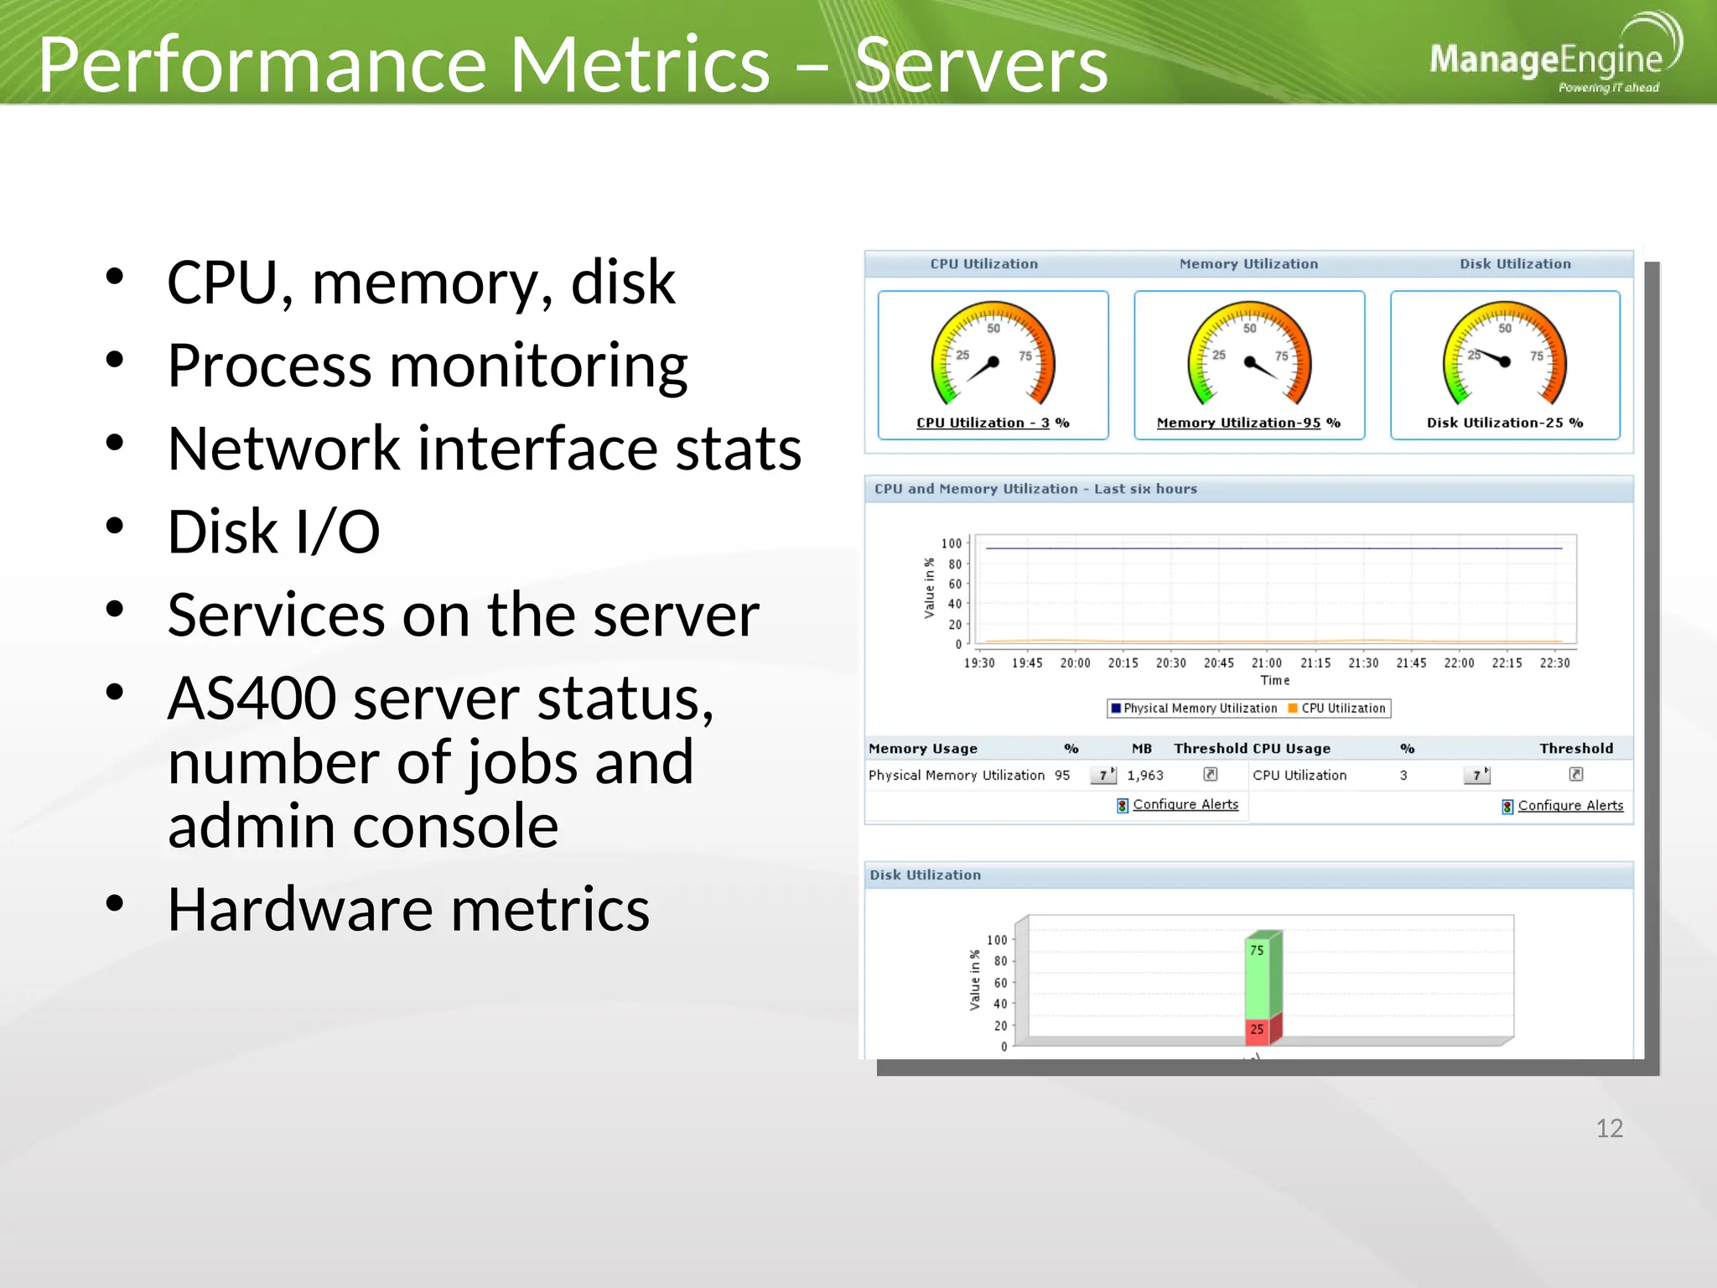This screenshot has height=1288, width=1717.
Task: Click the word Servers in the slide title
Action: click(981, 65)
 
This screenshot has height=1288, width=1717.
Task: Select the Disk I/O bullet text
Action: click(273, 532)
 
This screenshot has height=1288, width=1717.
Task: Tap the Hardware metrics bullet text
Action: click(408, 909)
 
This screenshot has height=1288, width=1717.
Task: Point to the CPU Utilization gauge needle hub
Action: click(993, 362)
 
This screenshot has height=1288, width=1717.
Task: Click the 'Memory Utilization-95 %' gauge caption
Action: click(1248, 423)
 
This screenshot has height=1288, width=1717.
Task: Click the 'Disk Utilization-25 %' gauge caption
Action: click(1504, 423)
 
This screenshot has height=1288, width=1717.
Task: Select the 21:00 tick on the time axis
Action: click(1267, 662)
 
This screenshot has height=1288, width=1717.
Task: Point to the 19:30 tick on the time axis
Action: click(979, 662)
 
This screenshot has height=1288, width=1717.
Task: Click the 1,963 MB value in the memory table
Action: click(1145, 776)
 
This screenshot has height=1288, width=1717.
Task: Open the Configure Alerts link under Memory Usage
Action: click(1185, 804)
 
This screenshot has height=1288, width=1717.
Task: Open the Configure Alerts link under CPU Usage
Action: click(1569, 806)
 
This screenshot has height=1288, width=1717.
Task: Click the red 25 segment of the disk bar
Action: click(1258, 1030)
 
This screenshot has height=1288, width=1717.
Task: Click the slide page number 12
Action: click(1609, 1129)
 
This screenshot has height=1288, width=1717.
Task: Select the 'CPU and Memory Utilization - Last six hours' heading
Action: click(1035, 489)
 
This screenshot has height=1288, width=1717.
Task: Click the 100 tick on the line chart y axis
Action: click(952, 543)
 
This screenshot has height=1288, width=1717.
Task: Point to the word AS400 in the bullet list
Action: click(252, 699)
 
